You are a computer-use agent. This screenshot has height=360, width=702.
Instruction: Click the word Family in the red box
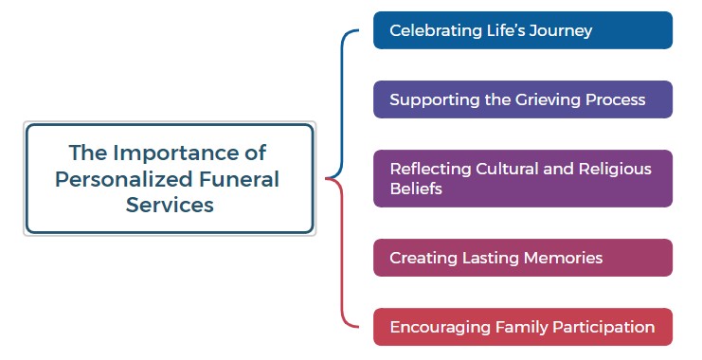[520, 327]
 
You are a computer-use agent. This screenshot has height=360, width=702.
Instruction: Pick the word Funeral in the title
[237, 178]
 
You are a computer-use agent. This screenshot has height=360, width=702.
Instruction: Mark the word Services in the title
[170, 205]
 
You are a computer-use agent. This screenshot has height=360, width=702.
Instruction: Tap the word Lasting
[490, 258]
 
